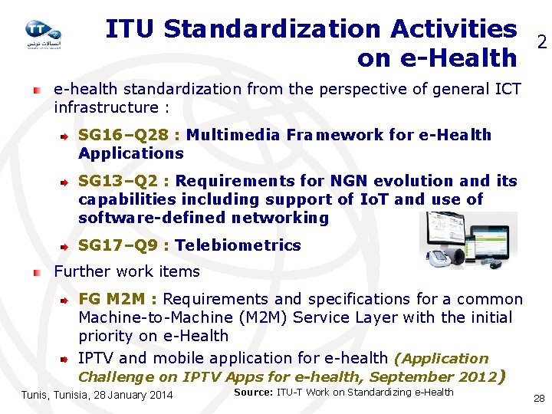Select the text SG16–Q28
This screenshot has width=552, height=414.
(x=123, y=136)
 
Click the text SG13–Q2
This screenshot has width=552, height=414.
(x=118, y=182)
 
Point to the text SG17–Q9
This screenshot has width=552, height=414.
(x=118, y=246)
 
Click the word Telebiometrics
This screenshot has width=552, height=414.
(x=238, y=246)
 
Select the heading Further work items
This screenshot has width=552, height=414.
(x=127, y=272)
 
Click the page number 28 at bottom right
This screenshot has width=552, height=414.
(x=538, y=398)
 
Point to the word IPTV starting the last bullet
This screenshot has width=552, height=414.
(x=97, y=358)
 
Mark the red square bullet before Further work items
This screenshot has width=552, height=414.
(x=37, y=272)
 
